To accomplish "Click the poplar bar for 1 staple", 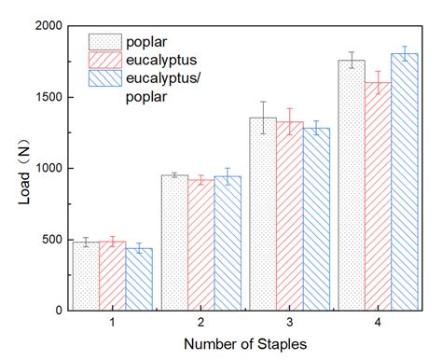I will tap(86, 276).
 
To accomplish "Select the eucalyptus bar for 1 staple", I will tap(113, 276).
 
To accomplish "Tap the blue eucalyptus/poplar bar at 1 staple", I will tap(140, 279).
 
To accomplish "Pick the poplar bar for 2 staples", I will tap(174, 242).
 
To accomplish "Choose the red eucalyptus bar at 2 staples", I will tap(200, 244).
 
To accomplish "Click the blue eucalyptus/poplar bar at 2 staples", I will tap(228, 243).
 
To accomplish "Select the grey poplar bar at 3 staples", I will tap(263, 214).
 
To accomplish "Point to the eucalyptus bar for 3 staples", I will tap(290, 215).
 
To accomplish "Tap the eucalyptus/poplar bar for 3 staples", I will tap(316, 218).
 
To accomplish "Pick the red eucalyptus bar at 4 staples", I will tap(378, 196).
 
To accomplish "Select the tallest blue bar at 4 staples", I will tap(405, 182).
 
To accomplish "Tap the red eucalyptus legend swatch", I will tap(105, 60).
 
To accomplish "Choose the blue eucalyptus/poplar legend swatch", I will tap(105, 78).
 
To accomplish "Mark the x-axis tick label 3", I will tap(290, 322).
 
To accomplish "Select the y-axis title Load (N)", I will tap(12, 169).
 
